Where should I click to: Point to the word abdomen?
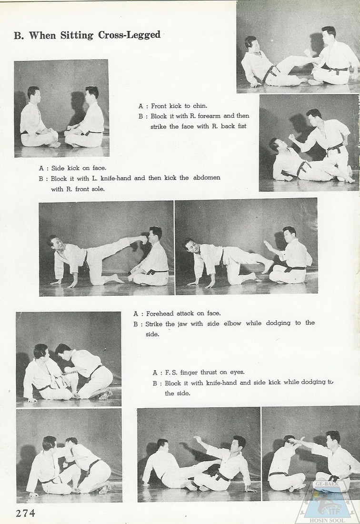click(x=206, y=178)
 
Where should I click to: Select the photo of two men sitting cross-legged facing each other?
click(x=61, y=108)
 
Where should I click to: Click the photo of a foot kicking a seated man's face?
click(x=106, y=248)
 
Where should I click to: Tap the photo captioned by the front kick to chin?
click(x=298, y=47)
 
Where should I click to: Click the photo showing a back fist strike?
click(x=309, y=142)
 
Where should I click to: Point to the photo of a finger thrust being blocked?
click(x=310, y=454)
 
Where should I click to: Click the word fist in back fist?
click(x=241, y=126)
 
